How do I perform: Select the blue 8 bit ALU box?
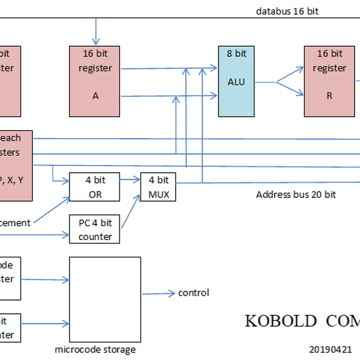(236, 80)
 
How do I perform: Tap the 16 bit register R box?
(329, 80)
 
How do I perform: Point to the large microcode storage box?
(105, 299)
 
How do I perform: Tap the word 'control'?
(193, 293)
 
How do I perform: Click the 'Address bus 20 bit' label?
(296, 194)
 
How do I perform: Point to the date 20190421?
(332, 348)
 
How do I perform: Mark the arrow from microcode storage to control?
(159, 293)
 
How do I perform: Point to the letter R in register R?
(329, 95)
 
